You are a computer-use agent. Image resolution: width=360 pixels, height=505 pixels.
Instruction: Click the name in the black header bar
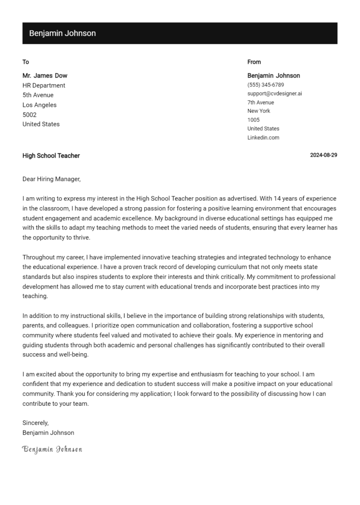pyautogui.click(x=62, y=33)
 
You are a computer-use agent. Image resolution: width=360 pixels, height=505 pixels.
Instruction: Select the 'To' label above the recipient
pyautogui.click(x=26, y=62)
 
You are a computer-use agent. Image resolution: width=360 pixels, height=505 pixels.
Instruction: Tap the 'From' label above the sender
pyautogui.click(x=254, y=62)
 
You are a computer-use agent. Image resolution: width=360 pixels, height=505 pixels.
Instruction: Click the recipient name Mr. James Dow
pyautogui.click(x=45, y=75)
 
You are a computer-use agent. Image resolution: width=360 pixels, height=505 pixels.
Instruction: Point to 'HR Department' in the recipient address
pyautogui.click(x=44, y=85)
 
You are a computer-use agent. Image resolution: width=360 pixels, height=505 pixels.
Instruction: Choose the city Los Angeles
pyautogui.click(x=39, y=105)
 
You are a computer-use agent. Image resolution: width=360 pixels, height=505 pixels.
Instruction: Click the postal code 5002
pyautogui.click(x=30, y=115)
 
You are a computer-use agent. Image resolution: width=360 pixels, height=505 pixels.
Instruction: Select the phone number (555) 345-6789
pyautogui.click(x=266, y=85)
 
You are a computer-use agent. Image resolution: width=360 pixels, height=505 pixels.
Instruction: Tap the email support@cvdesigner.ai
pyautogui.click(x=275, y=94)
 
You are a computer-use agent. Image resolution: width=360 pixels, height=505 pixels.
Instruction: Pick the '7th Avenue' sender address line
pyautogui.click(x=261, y=103)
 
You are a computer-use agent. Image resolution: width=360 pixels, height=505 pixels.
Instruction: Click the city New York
pyautogui.click(x=259, y=111)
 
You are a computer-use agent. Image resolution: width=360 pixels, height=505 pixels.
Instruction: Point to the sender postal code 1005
pyautogui.click(x=254, y=120)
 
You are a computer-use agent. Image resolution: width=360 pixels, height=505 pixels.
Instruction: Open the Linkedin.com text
pyautogui.click(x=263, y=138)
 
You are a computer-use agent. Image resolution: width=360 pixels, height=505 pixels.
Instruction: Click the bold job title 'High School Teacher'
pyautogui.click(x=51, y=156)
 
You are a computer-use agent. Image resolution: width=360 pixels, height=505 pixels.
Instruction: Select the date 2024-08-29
pyautogui.click(x=323, y=156)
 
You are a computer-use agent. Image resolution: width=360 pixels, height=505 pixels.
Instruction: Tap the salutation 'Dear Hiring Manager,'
pyautogui.click(x=52, y=179)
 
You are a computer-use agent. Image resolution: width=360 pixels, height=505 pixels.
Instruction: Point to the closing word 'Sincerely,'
pyautogui.click(x=36, y=423)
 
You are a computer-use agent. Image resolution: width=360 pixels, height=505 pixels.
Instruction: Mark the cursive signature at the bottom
pyautogui.click(x=52, y=450)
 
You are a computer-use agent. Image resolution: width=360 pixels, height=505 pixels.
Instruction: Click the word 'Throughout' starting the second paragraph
pyautogui.click(x=39, y=257)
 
